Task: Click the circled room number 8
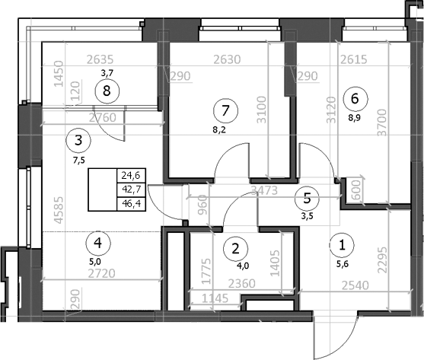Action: [107, 91]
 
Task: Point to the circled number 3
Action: [78, 139]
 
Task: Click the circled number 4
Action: [96, 244]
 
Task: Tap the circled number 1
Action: [342, 245]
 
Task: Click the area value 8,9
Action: [355, 116]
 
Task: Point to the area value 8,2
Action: [222, 130]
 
